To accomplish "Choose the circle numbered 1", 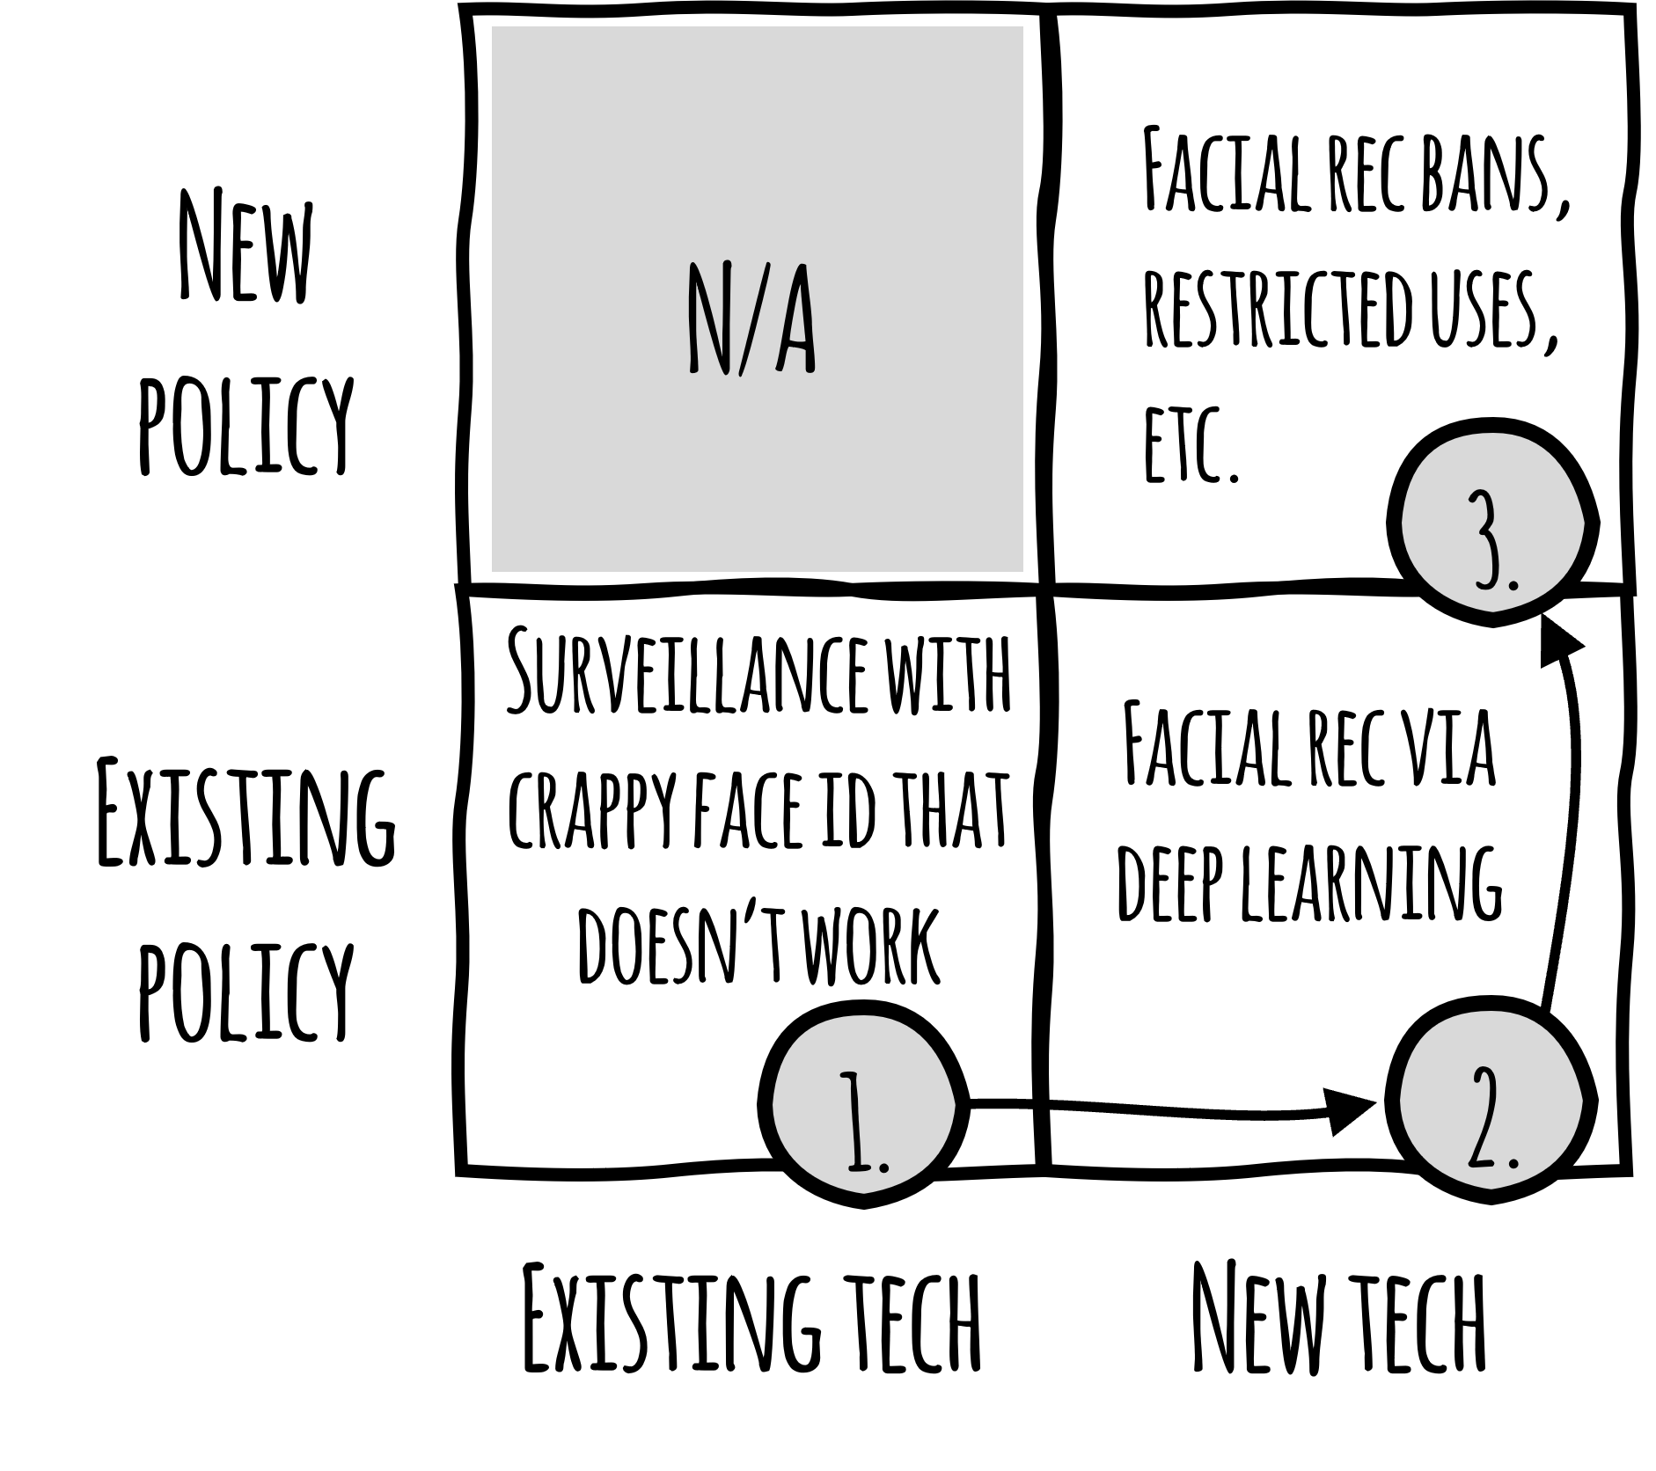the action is [863, 1104].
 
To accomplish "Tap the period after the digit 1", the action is [884, 1167].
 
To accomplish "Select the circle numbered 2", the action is [1491, 1100].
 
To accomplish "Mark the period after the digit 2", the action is [1513, 1162].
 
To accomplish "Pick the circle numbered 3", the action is [1492, 523].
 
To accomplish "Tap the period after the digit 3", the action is [1513, 582].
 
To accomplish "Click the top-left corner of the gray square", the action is [493, 28].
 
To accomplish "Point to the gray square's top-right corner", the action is [1022, 28].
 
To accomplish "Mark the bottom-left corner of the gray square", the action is [493, 570].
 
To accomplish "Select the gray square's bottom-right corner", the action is [1022, 570].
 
